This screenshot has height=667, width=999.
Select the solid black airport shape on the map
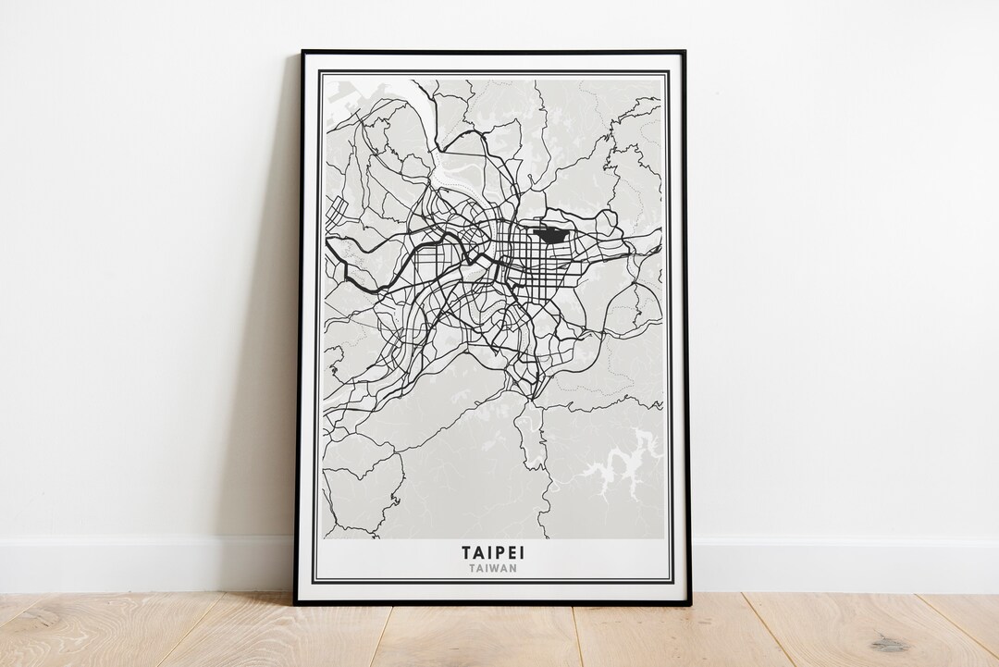[x=552, y=235]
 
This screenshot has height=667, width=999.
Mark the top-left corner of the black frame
[x=302, y=52]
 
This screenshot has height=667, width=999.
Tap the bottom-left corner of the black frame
[x=296, y=603]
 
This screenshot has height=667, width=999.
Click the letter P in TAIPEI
[x=504, y=552]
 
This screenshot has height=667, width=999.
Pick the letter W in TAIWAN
[x=496, y=568]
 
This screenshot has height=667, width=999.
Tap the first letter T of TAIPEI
[x=467, y=552]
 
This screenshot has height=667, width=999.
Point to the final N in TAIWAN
[x=513, y=568]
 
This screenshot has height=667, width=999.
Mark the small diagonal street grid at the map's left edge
[x=335, y=209]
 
